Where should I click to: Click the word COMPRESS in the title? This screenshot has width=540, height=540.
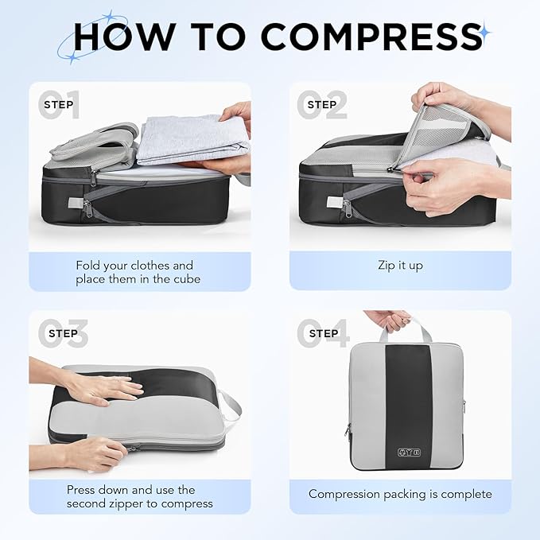coord(371,37)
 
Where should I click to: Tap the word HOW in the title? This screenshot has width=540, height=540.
coord(119,37)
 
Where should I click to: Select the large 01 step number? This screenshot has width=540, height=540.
coord(60,105)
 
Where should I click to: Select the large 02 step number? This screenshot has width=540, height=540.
coord(322,105)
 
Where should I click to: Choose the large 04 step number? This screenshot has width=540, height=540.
coord(323,334)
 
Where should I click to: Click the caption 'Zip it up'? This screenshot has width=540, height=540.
coord(400,265)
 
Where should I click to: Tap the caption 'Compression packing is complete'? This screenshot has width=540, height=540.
coord(400,494)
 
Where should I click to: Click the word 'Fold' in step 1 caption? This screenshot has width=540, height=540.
coord(90,265)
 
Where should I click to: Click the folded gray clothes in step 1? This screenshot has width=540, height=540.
coord(191,139)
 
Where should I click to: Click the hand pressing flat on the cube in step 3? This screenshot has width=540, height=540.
coord(103,388)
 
